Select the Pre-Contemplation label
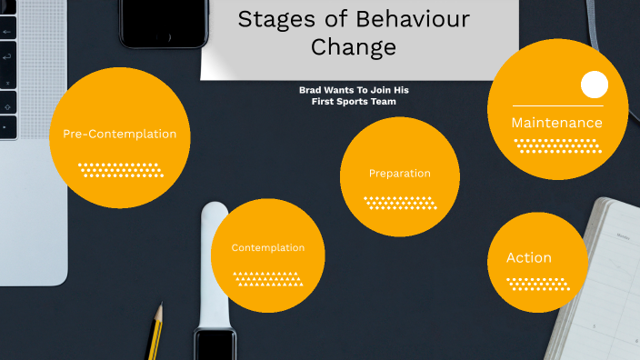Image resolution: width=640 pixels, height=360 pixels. coord(119,135)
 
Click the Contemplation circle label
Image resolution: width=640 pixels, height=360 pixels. coord(267,247)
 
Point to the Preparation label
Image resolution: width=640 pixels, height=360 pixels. coord(400,174)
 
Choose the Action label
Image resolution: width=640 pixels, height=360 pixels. coord(529,258)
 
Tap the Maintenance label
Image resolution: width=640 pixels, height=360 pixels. coord(556,123)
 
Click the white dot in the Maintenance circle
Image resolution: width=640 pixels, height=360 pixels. coord(594,85)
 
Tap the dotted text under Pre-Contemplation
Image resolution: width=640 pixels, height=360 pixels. coord(119,169)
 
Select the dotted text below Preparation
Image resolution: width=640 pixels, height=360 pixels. coord(400,203)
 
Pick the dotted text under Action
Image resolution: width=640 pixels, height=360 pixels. coord(535,284)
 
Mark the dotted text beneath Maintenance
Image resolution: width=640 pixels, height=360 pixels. coord(557,145)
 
